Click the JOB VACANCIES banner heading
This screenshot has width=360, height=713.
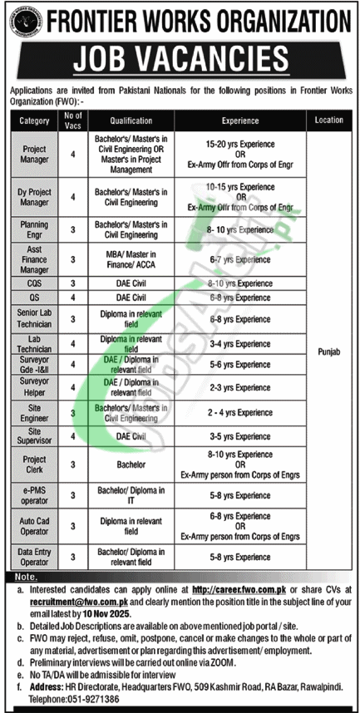click(x=180, y=57)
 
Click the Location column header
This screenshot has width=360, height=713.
click(x=328, y=120)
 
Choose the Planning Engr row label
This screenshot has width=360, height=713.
click(x=32, y=229)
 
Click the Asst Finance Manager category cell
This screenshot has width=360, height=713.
click(x=32, y=259)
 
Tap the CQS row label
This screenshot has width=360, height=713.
click(x=32, y=283)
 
